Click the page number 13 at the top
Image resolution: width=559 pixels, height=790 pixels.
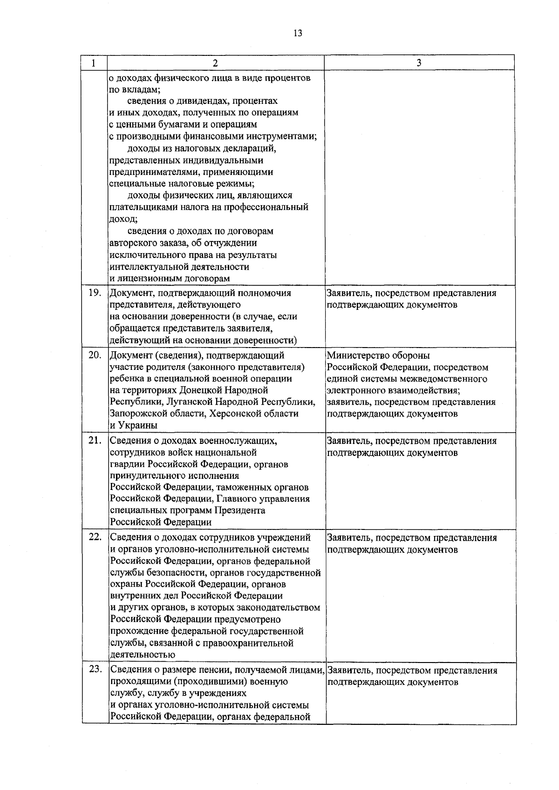[298, 33]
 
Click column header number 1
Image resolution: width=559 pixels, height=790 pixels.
[94, 63]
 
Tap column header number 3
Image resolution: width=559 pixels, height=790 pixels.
[419, 63]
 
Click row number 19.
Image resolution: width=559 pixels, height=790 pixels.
[95, 293]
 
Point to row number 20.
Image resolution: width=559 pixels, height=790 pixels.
[95, 355]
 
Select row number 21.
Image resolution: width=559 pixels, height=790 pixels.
[95, 441]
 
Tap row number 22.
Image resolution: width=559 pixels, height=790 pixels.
[95, 537]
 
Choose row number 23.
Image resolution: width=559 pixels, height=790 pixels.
[95, 670]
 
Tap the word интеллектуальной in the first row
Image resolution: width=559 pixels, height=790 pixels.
[149, 267]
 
